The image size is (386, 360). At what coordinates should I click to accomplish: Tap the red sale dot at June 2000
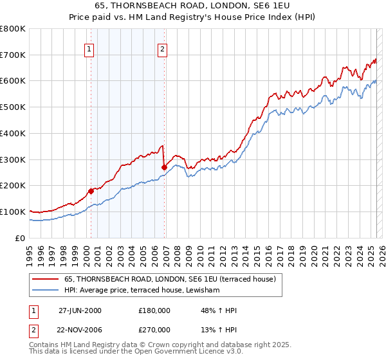click(91, 190)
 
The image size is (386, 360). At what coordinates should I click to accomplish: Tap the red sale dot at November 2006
click(164, 167)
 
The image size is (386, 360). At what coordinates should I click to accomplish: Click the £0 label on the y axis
click(19, 238)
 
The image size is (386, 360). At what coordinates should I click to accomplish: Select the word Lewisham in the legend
click(203, 291)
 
